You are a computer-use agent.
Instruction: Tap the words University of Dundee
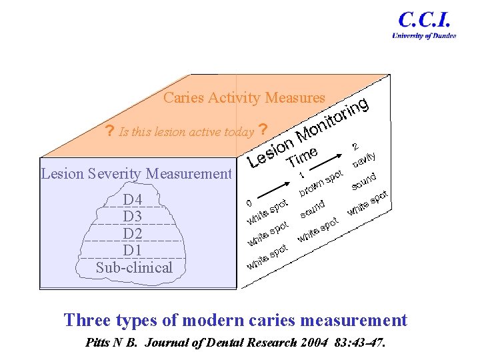(424, 36)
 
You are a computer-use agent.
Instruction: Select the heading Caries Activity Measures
(244, 98)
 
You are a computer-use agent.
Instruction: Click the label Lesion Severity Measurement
(136, 175)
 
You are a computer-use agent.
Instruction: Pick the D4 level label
(133, 200)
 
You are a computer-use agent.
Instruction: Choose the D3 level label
(133, 217)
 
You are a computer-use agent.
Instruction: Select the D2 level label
(133, 233)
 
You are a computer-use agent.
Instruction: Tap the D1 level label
(133, 250)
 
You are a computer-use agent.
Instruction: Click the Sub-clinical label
(134, 268)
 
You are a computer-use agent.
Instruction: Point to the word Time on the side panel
(302, 156)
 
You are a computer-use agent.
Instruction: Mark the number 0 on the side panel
(249, 202)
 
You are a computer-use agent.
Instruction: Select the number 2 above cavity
(355, 146)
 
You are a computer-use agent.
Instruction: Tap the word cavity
(365, 159)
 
